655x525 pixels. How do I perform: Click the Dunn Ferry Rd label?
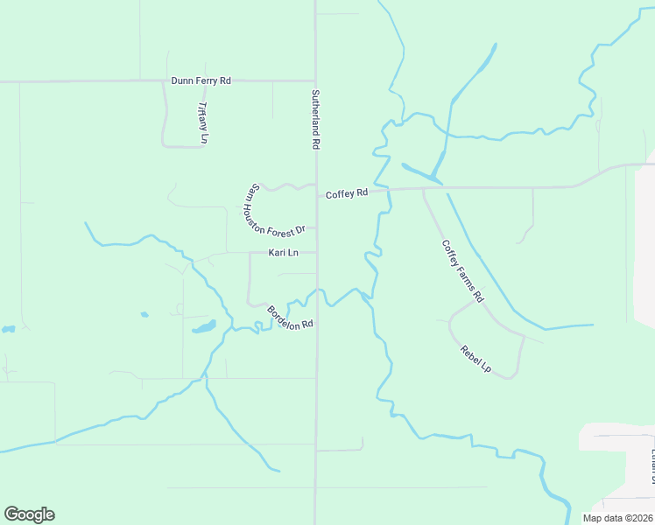pyautogui.click(x=201, y=80)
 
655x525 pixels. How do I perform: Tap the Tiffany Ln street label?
pyautogui.click(x=202, y=122)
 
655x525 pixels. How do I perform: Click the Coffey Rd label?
pyautogui.click(x=346, y=193)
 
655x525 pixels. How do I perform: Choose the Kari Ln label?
pyautogui.click(x=283, y=253)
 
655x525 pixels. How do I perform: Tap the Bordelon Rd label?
pyautogui.click(x=290, y=318)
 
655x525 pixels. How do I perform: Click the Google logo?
pyautogui.click(x=29, y=514)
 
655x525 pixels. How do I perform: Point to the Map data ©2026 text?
pyautogui.click(x=617, y=518)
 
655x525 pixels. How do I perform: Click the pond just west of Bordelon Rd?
pyautogui.click(x=204, y=328)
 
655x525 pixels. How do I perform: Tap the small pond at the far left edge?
pyautogui.click(x=8, y=330)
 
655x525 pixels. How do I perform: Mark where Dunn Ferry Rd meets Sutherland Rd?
pyautogui.click(x=315, y=80)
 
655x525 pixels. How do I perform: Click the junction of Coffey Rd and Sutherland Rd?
pyautogui.click(x=315, y=194)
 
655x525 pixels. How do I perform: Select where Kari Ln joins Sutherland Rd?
pyautogui.click(x=315, y=253)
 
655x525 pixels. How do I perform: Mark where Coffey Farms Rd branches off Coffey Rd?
pyautogui.click(x=424, y=189)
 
